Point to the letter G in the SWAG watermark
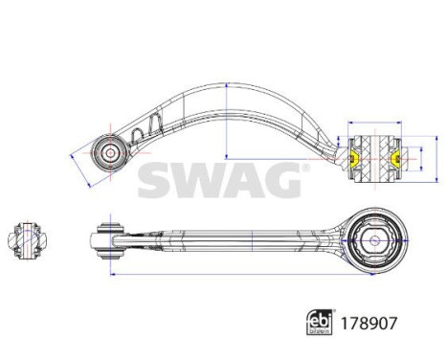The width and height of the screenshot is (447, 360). [279, 179]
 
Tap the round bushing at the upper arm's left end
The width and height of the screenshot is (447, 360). [108, 150]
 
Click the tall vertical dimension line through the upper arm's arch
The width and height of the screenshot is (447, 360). [226, 120]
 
